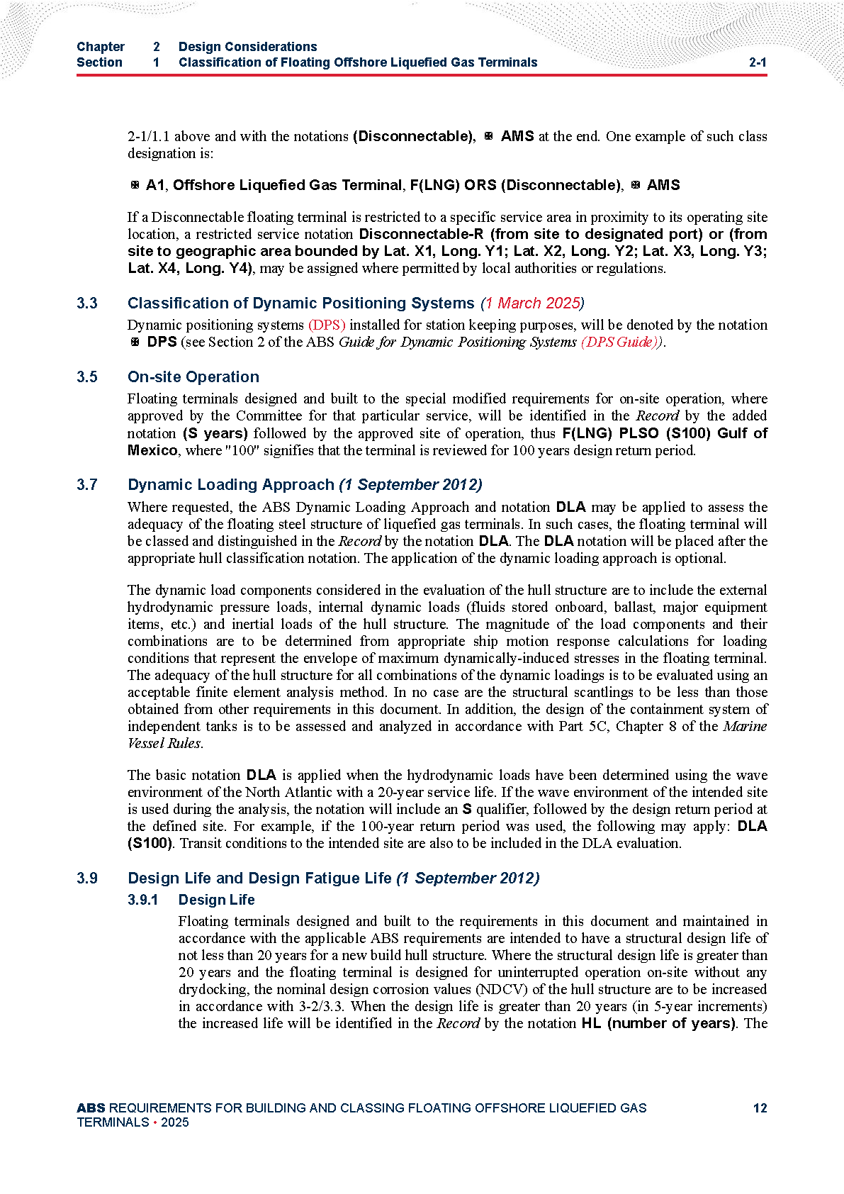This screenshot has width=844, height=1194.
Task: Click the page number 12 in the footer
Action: click(760, 1108)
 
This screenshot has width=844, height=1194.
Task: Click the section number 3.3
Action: click(87, 303)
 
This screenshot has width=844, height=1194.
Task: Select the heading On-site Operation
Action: click(193, 377)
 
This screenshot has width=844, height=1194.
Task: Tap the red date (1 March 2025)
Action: click(532, 303)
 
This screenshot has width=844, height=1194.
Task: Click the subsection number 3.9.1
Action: click(142, 900)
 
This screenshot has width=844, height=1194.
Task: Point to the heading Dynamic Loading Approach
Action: click(230, 485)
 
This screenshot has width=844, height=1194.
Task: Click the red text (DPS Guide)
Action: click(621, 342)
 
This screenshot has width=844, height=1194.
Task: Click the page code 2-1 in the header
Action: click(758, 62)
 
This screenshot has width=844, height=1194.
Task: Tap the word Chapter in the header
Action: click(101, 47)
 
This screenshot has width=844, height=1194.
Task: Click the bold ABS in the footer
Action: click(91, 1108)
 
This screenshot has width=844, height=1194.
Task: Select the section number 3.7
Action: click(87, 485)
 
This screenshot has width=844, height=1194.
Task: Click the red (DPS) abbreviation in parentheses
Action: click(327, 325)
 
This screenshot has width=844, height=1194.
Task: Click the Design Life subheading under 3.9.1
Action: click(216, 900)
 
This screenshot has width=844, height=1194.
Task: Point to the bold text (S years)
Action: click(215, 433)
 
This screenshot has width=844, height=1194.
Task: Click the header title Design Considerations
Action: click(247, 47)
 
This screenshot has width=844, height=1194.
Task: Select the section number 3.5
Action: click(87, 377)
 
